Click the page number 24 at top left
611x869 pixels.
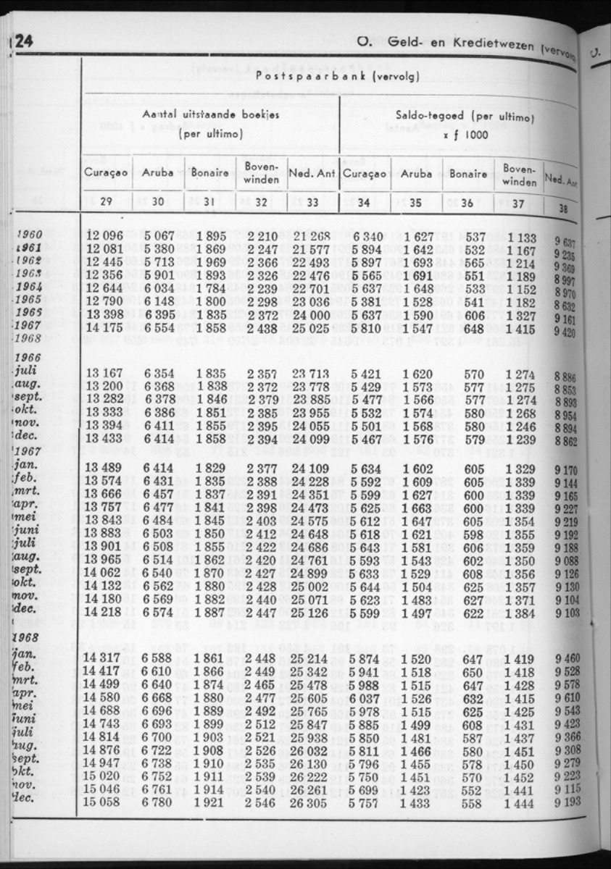coord(22,41)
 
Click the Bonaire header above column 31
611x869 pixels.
coord(209,174)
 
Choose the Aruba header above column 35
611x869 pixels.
coord(416,174)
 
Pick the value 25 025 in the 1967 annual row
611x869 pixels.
coord(313,329)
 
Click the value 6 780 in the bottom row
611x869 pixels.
coord(157,803)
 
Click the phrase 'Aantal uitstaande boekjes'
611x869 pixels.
coord(210,115)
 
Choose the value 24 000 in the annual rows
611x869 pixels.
coord(313,316)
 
